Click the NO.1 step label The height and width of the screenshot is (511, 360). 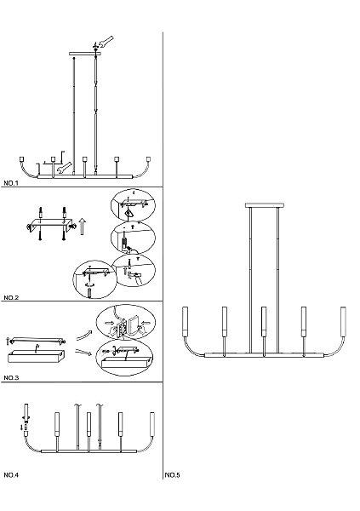tap(11, 183)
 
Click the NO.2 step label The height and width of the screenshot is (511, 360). tap(11, 297)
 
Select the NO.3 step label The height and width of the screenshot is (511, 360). tap(11, 377)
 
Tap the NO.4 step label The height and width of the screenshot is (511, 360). tap(11, 475)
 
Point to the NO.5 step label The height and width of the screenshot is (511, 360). tap(172, 475)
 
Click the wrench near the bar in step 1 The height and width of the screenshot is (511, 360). tap(64, 168)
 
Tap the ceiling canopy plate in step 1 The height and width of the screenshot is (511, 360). tap(85, 54)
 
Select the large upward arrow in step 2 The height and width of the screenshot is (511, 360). tap(83, 227)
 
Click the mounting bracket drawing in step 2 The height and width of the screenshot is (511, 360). tap(50, 224)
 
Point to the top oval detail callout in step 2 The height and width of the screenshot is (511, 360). tap(133, 206)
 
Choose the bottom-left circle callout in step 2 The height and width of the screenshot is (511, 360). tap(94, 279)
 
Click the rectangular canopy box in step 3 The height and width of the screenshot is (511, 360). tap(36, 357)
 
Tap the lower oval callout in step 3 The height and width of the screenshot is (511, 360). tap(125, 359)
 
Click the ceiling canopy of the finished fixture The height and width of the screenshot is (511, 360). tap(265, 205)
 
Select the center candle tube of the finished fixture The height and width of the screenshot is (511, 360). tap(264, 321)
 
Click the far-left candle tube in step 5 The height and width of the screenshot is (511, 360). tap(186, 321)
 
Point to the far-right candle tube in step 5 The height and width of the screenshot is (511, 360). tap(343, 321)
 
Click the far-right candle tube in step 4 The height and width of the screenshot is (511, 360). tap(151, 424)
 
